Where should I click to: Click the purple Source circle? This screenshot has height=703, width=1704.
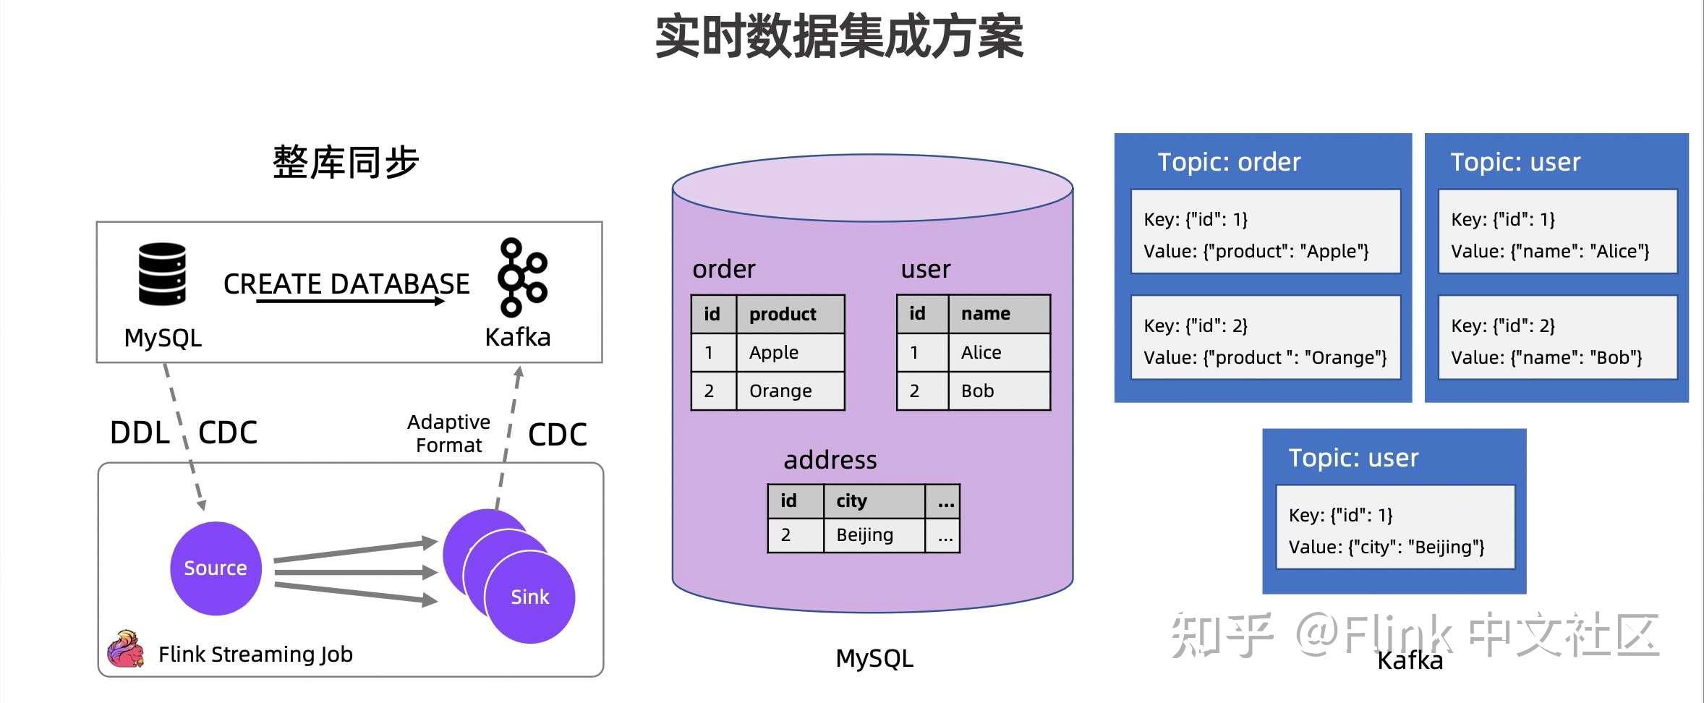point(216,568)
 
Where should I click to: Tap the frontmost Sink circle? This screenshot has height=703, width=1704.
point(530,597)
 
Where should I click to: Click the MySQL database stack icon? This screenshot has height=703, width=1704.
point(162,274)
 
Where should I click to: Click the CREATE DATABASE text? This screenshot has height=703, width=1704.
point(346,284)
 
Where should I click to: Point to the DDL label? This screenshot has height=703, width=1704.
point(140,433)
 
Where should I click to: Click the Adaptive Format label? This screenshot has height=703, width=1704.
point(448,433)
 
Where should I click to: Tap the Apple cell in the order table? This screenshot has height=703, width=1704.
point(774,352)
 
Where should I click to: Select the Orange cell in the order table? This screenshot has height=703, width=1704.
point(780,391)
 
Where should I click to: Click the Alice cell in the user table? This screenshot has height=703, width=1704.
point(981,352)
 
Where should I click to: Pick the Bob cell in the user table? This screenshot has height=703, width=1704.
point(977,391)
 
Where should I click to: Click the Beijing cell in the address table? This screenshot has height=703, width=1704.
point(864,534)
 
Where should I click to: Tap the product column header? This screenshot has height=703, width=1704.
point(783,314)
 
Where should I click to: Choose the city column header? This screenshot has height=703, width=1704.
point(851,500)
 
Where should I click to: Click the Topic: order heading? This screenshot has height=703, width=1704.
point(1229,162)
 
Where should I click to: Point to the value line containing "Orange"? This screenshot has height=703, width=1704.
point(1265,357)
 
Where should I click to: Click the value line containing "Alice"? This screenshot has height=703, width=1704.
point(1550,251)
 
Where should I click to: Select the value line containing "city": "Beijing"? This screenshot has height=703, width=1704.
point(1386,547)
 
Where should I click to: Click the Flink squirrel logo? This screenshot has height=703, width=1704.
point(126,649)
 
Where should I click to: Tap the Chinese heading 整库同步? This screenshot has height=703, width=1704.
point(346,162)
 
